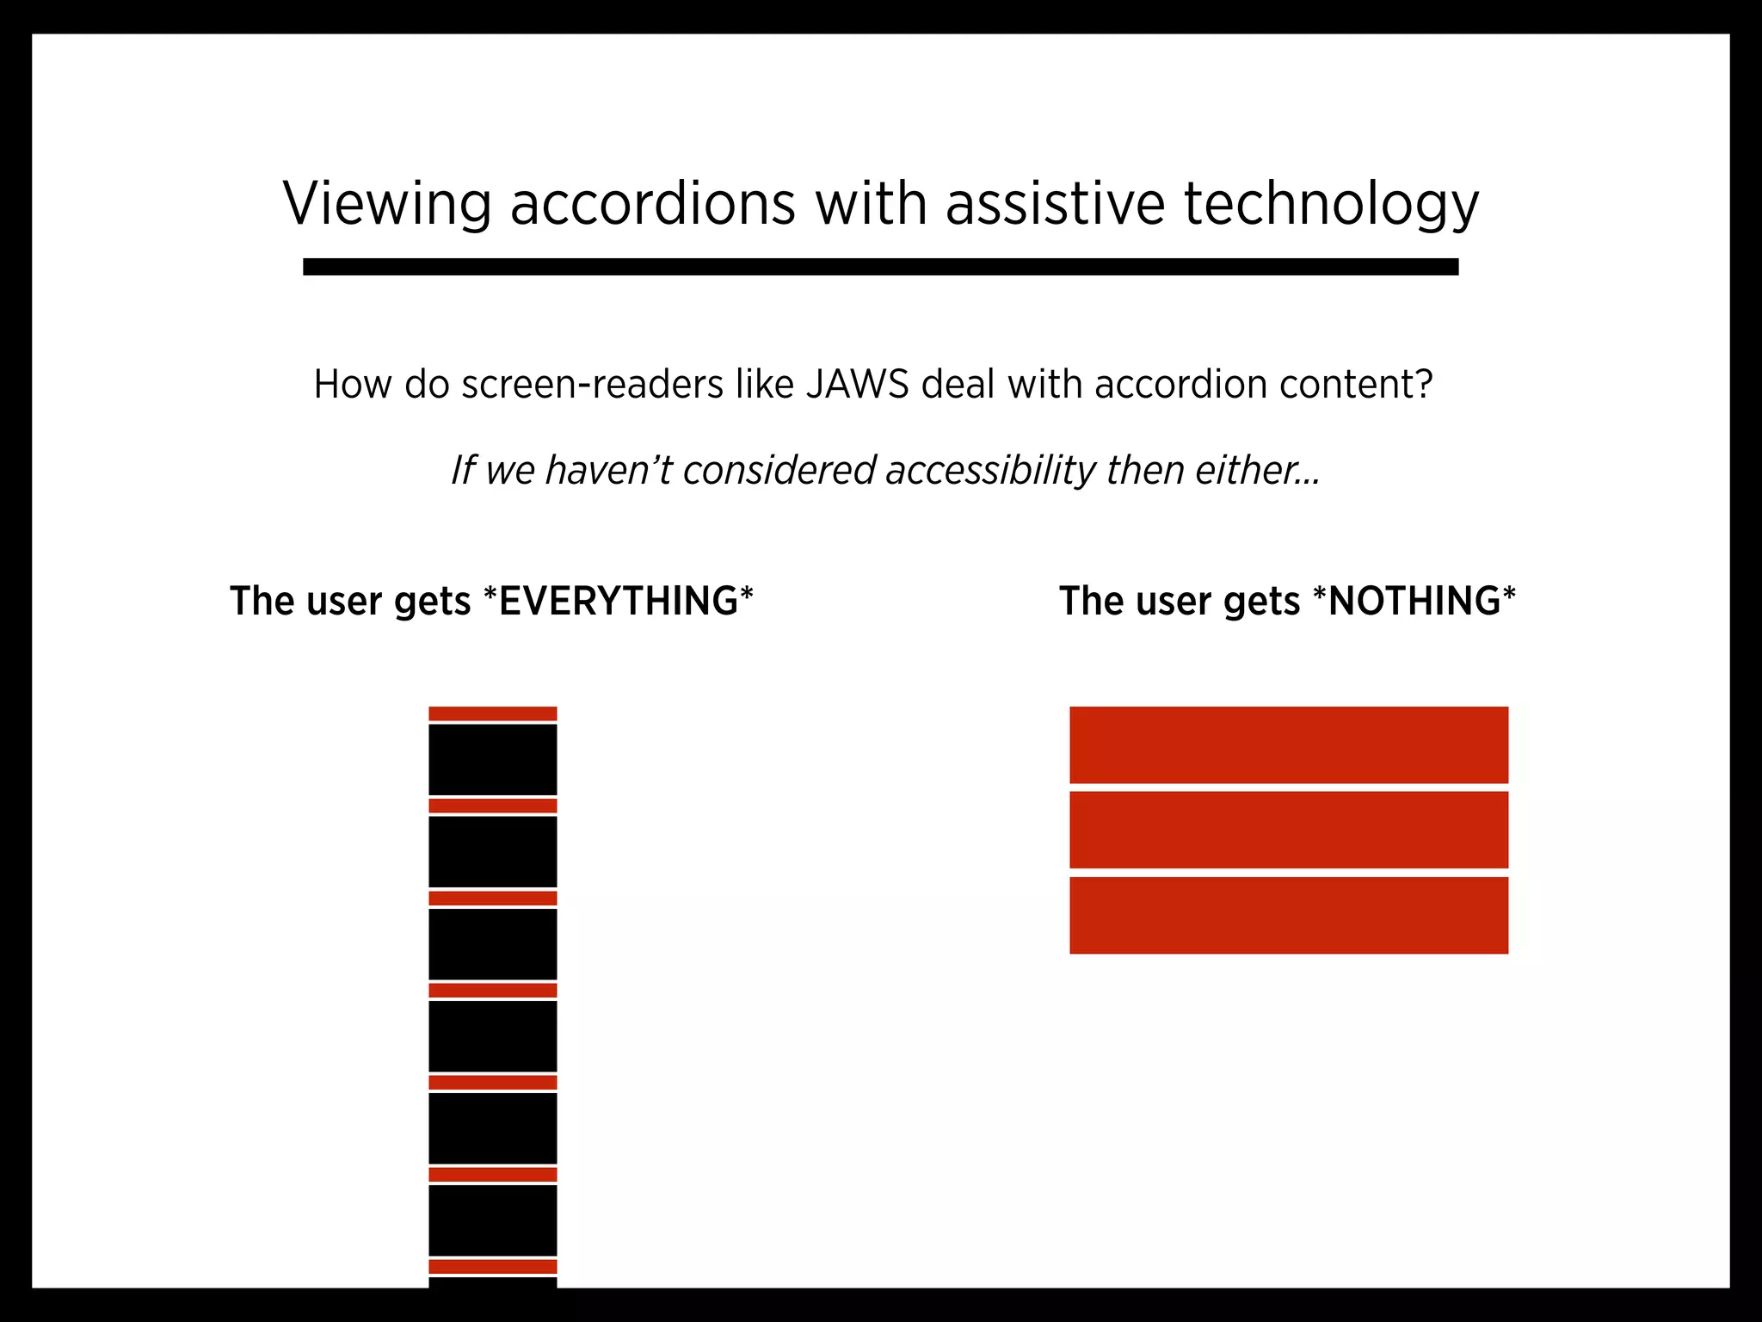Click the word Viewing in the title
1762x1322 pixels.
coord(387,205)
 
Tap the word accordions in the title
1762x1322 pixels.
coord(653,205)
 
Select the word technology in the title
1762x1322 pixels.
coord(1331,205)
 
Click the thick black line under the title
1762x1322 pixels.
coord(880,267)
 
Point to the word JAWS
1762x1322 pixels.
coord(857,385)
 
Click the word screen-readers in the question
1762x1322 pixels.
coord(592,385)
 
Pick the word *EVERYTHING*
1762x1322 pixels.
coord(619,601)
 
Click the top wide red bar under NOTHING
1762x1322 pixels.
coord(1289,745)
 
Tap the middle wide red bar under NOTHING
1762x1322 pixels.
coord(1289,830)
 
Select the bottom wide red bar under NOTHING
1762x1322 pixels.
coord(1289,915)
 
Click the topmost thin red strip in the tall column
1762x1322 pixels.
coord(493,714)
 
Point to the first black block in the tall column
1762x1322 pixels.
coord(493,760)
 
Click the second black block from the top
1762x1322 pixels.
coord(493,852)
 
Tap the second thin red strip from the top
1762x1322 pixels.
coord(493,806)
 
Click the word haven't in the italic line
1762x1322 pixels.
coord(607,471)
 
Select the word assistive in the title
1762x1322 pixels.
coord(1055,205)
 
